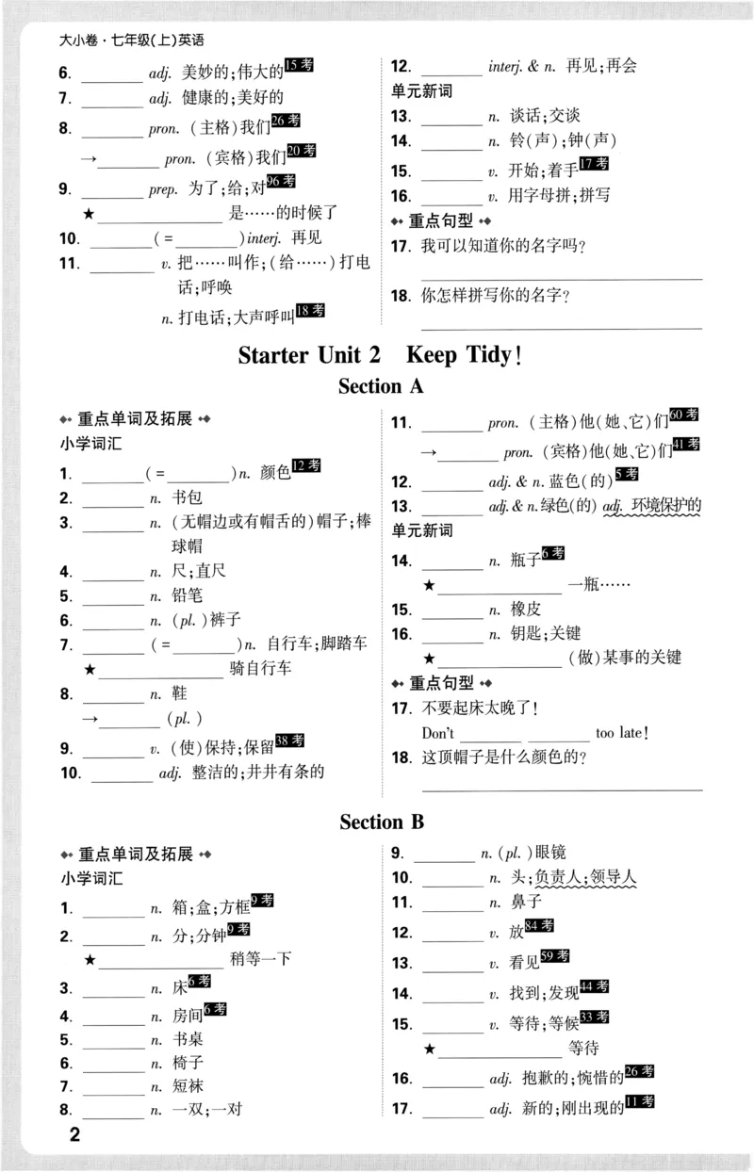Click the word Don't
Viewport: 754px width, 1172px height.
438,733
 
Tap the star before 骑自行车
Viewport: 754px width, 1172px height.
90,670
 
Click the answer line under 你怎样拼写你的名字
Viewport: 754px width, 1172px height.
560,327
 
